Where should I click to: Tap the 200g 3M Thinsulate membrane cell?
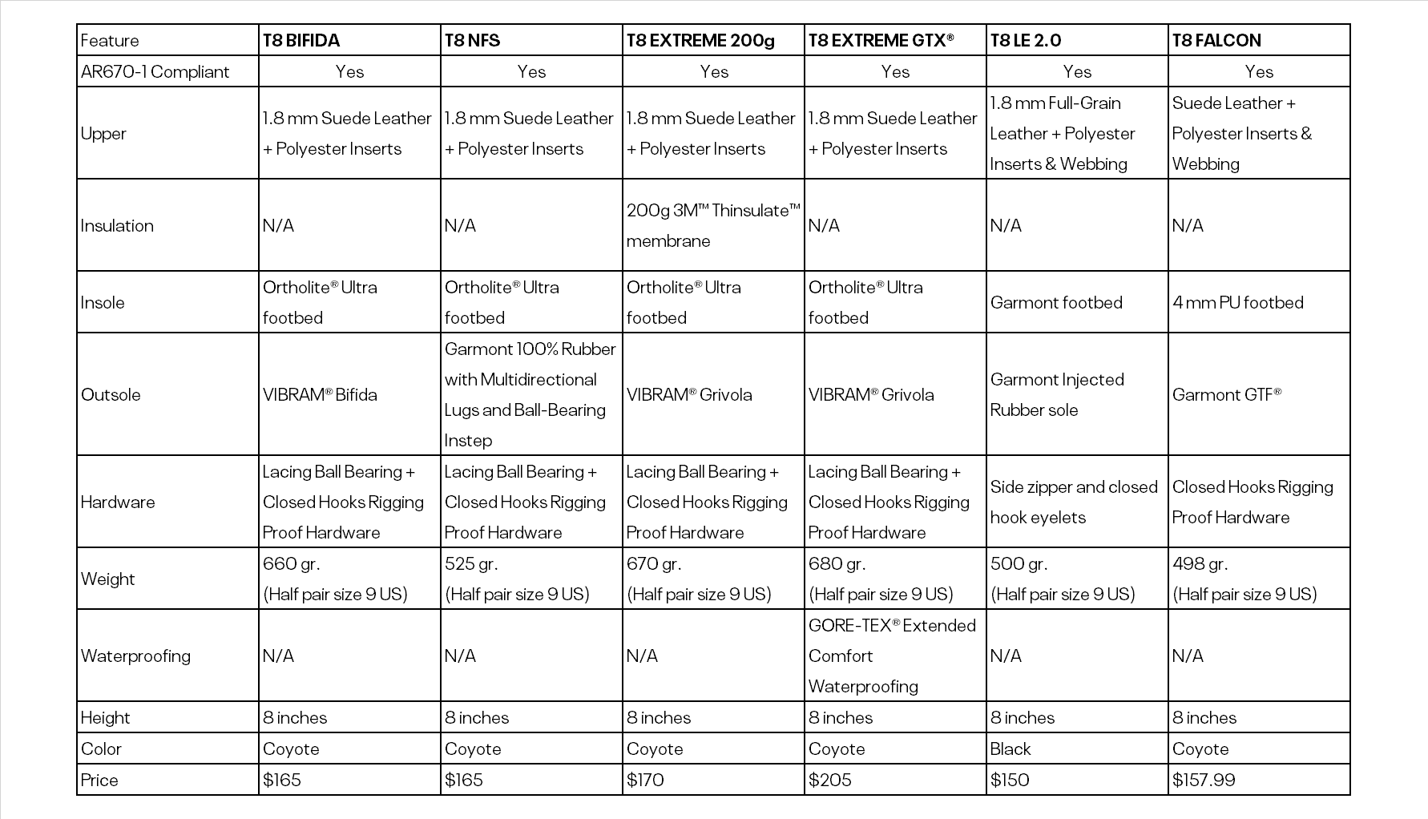pyautogui.click(x=712, y=225)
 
